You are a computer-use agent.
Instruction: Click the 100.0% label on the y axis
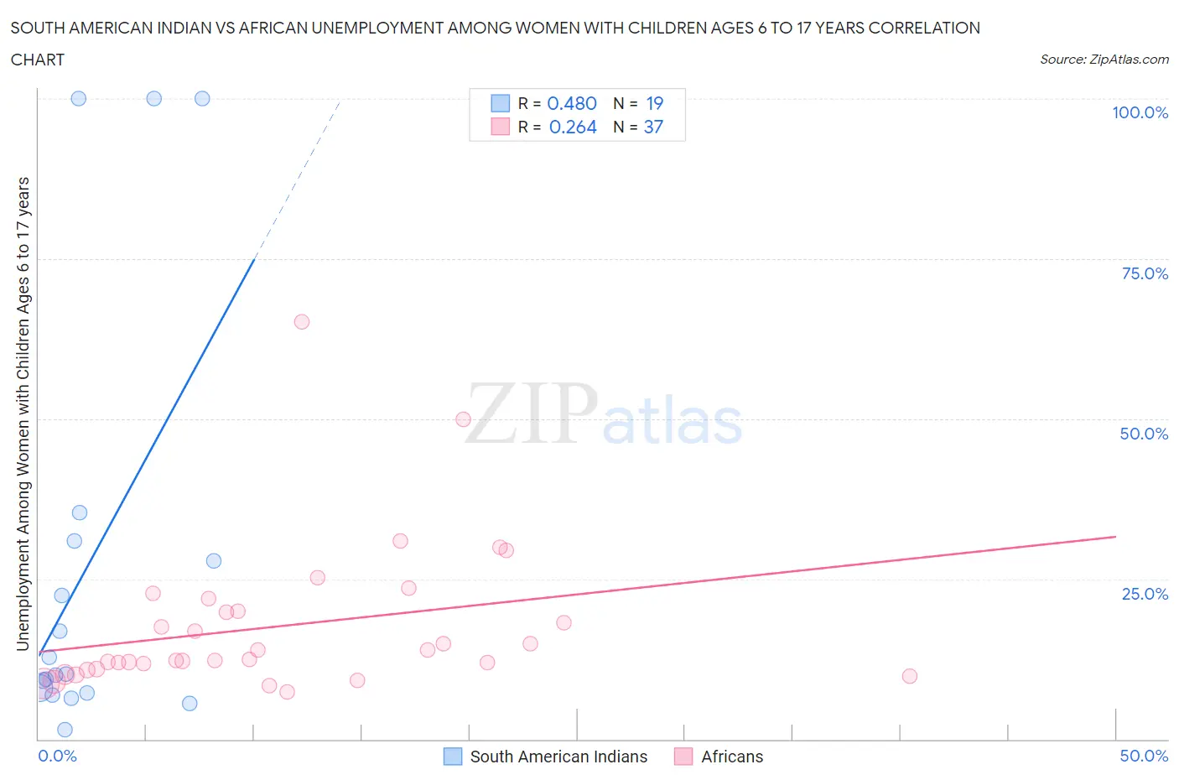click(1140, 112)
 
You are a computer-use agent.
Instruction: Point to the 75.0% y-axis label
click(1144, 273)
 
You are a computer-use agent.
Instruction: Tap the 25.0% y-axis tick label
click(1144, 594)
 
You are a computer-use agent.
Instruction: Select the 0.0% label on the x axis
click(57, 756)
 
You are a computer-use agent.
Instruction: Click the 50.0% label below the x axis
click(1144, 756)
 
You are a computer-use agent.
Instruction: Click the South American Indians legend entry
click(558, 757)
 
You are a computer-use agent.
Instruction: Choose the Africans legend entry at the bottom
click(732, 757)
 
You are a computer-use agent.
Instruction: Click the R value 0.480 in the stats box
click(572, 103)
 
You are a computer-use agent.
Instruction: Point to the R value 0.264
click(573, 127)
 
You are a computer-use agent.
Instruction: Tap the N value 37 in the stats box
click(653, 127)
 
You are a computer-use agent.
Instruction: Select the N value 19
click(654, 103)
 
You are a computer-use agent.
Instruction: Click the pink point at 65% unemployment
click(302, 322)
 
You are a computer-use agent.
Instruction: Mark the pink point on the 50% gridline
click(463, 419)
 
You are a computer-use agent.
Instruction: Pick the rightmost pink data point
click(910, 676)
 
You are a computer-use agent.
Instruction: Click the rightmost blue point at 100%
click(202, 98)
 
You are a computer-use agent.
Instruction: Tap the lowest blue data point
click(65, 730)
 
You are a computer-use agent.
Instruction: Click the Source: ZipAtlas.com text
click(1104, 60)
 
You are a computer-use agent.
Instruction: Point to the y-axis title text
click(23, 413)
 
